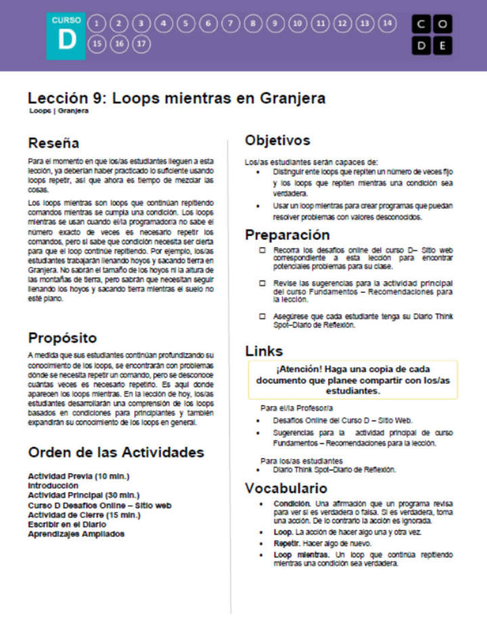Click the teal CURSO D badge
coord(66,35)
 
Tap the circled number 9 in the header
coord(275,24)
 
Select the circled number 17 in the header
coord(141,45)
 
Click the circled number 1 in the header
coord(96,24)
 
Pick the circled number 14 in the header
coord(386,24)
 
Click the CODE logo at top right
coord(432,35)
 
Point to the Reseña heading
coord(53,143)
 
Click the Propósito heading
coord(62,337)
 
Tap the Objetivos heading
coord(277,141)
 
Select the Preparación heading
coord(287,235)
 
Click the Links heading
coord(264,351)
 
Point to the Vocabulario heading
coord(286,488)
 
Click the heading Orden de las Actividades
coord(116,452)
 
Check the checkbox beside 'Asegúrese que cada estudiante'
coord(262,316)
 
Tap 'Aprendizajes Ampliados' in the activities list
coord(76,534)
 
